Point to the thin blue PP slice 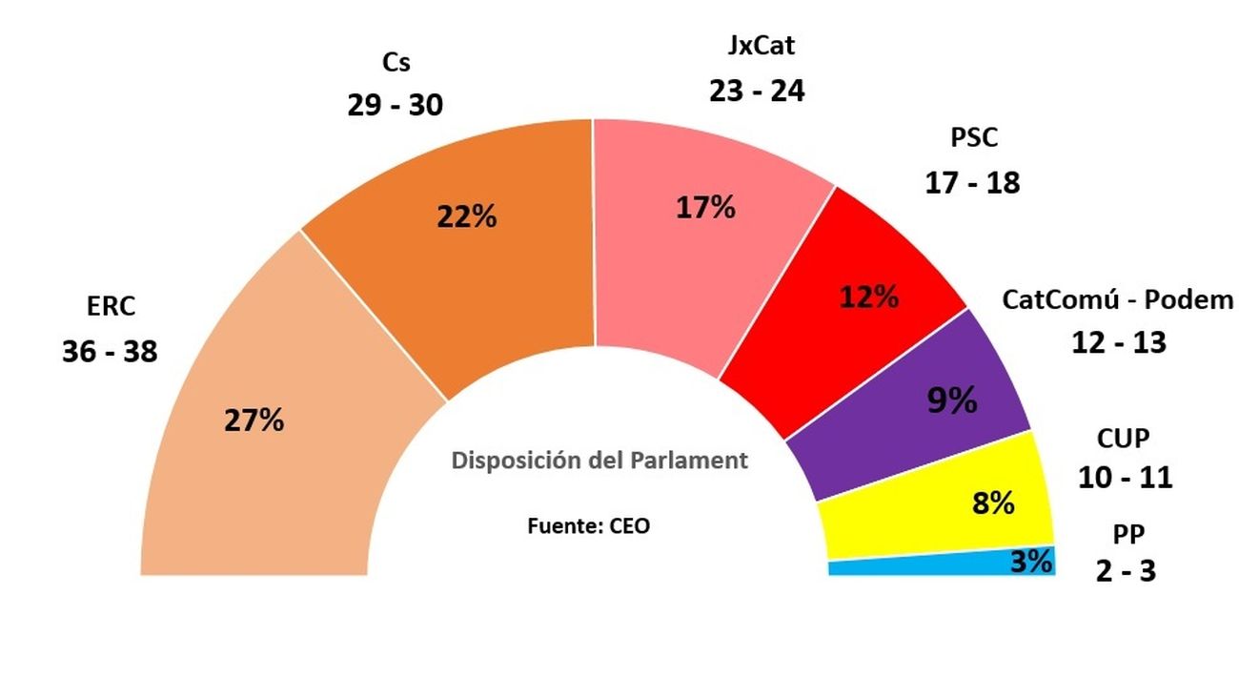tap(915, 567)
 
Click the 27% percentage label tap(254, 420)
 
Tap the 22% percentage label tap(467, 216)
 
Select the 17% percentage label tap(705, 207)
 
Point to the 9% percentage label tap(952, 401)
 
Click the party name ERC tap(111, 307)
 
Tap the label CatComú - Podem tap(1117, 300)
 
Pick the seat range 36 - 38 tap(110, 352)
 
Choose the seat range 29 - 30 tap(396, 105)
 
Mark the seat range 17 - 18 tap(972, 182)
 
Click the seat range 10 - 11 tap(1125, 477)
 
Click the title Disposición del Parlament tap(599, 461)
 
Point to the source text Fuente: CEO tap(589, 525)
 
